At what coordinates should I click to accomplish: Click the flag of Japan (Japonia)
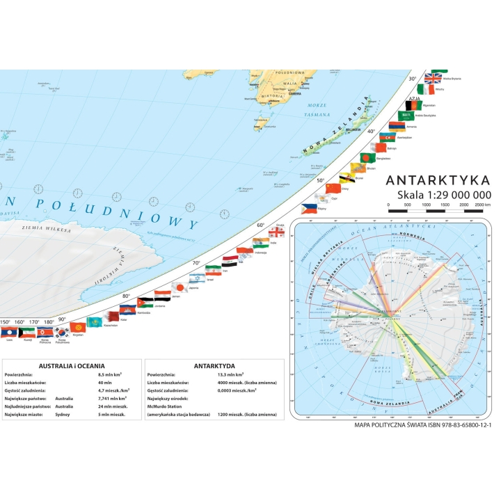178,287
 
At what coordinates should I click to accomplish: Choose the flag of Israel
214,270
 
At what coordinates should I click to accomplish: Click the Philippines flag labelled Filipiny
309,207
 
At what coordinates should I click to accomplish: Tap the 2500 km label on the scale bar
484,205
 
